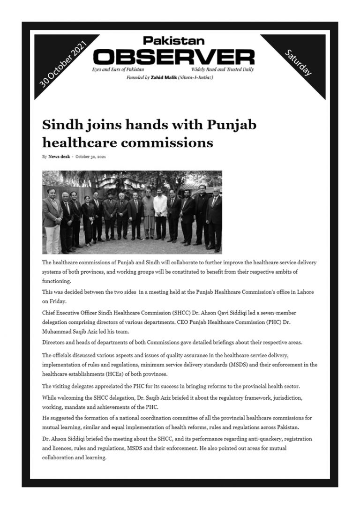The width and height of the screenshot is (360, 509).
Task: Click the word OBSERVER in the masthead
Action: tap(174, 58)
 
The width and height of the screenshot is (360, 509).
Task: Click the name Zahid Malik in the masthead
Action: tap(162, 77)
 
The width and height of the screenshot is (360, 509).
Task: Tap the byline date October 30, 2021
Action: tap(90, 157)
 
